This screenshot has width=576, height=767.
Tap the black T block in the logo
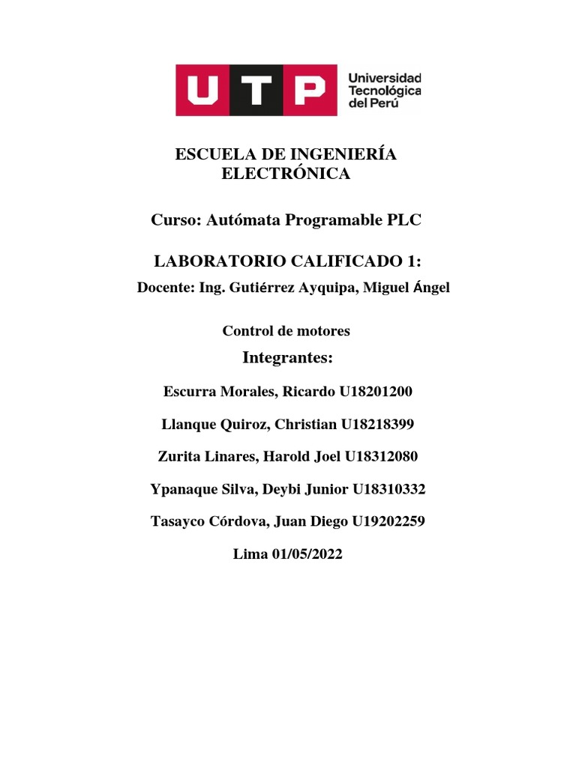256,91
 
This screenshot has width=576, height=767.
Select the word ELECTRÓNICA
286,175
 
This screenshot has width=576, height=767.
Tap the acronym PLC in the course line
404,220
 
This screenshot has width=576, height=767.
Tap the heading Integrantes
288,358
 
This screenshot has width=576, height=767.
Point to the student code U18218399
377,425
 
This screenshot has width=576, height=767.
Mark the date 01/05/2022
305,555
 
